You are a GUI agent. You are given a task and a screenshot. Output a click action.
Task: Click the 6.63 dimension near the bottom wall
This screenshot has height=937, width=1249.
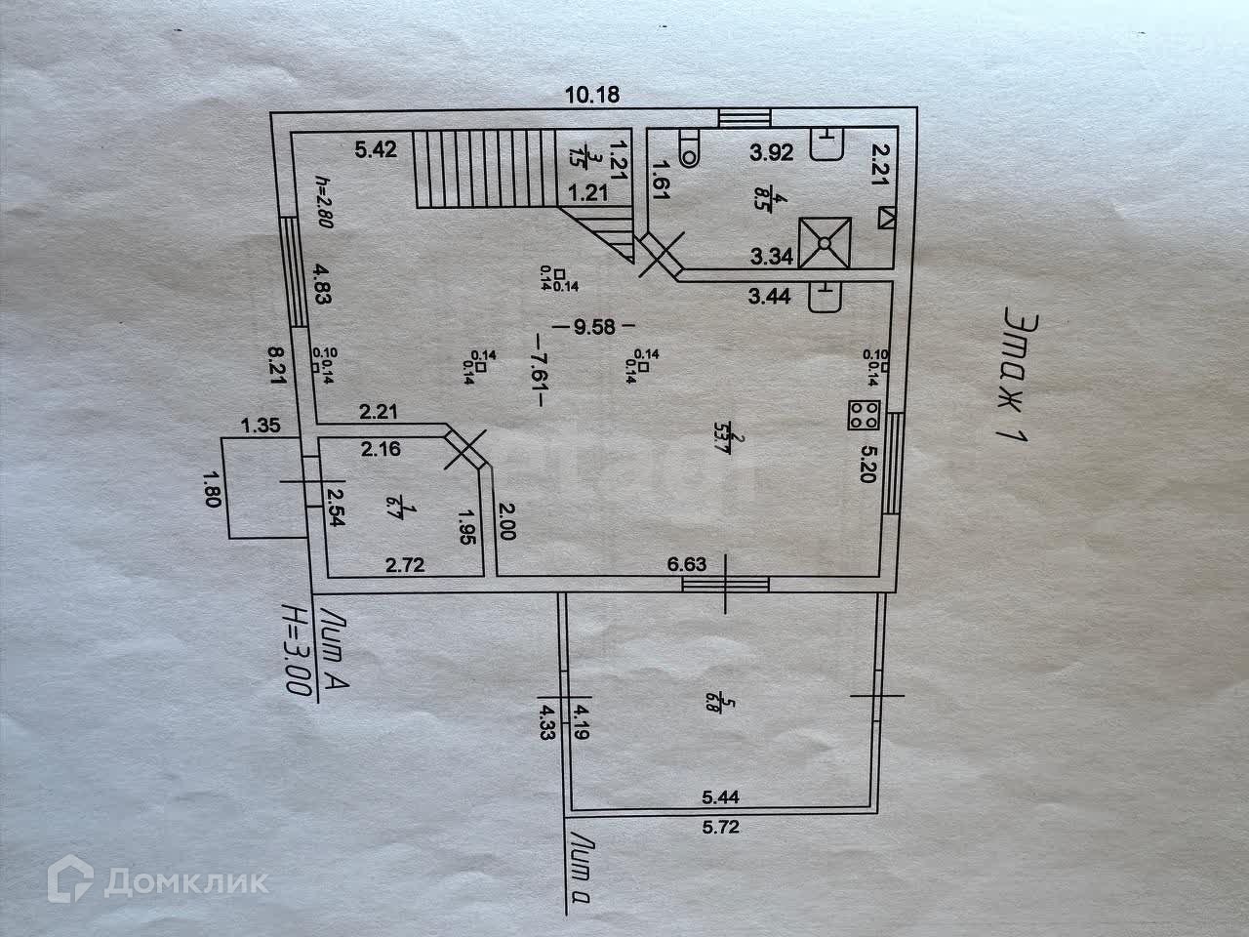pyautogui.click(x=686, y=563)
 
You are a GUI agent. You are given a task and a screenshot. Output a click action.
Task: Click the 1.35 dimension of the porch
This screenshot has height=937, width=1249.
pyautogui.click(x=261, y=425)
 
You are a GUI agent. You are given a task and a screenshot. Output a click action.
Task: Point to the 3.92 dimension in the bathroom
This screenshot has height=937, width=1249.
pyautogui.click(x=770, y=151)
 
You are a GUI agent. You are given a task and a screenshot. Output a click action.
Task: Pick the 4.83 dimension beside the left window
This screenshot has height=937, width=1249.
pyautogui.click(x=322, y=283)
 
